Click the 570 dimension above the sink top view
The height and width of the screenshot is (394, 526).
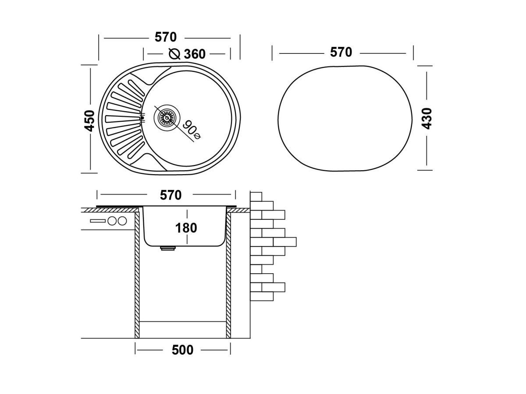[x=166, y=37]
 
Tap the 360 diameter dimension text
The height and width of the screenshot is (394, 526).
[x=194, y=54]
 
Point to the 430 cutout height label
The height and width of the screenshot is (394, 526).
[x=426, y=119]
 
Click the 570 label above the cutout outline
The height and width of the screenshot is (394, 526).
[x=341, y=52]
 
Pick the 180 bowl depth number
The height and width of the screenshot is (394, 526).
[x=186, y=228]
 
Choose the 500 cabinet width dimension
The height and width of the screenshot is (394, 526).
[x=182, y=350]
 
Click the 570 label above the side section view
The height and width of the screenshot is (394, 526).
[x=171, y=195]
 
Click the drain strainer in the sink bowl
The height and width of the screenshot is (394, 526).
[x=167, y=118]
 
